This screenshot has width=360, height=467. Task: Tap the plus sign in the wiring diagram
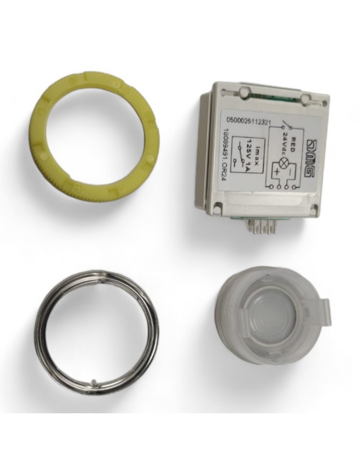[x=276, y=171]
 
